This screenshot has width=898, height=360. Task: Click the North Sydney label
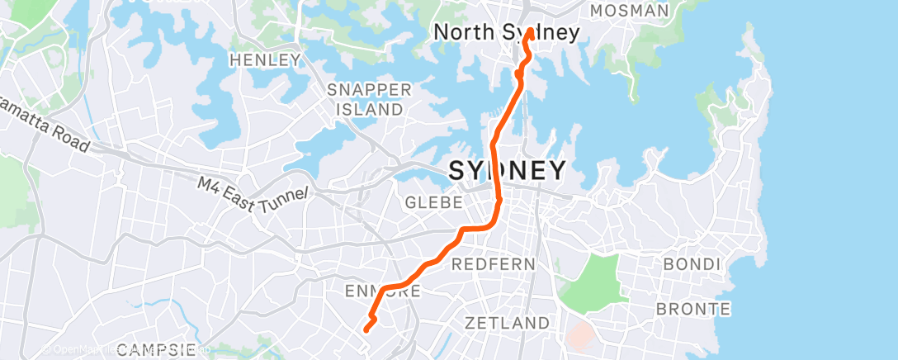506,32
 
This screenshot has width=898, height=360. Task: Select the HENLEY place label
265,60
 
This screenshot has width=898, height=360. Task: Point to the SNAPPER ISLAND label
365,99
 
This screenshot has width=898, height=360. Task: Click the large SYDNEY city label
507,171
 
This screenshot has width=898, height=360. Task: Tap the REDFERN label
494,264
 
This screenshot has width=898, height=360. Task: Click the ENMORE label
383,291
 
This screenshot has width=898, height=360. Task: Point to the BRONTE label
693,310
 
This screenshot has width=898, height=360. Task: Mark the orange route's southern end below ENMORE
366,329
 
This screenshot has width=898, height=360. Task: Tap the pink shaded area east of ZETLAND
582,334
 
